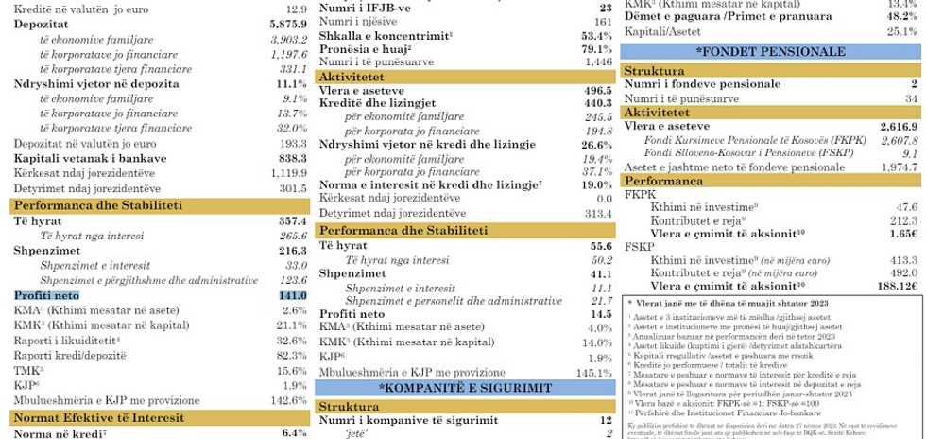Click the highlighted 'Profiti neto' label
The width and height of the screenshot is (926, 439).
46,295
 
